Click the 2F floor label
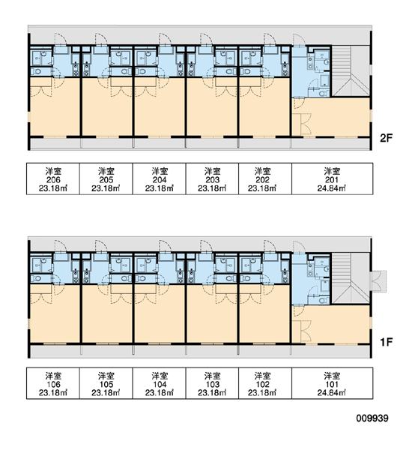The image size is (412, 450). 386,138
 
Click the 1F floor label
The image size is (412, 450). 386,342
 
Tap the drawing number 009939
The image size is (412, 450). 372,418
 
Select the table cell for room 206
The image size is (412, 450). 53,178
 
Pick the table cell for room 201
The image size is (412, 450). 333,178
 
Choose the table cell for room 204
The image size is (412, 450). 159,178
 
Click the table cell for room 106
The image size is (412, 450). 53,383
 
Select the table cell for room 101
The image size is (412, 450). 333,383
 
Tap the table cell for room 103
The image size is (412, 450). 212,383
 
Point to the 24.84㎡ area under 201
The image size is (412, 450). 331,188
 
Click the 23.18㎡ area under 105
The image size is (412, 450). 106,392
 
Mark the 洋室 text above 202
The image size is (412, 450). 262,171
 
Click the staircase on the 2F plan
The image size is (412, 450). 351,71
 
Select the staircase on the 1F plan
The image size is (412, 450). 351,278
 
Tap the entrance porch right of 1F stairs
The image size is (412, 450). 378,281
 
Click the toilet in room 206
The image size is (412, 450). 37,71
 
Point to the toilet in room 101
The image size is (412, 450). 324,301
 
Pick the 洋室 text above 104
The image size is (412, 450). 160,376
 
